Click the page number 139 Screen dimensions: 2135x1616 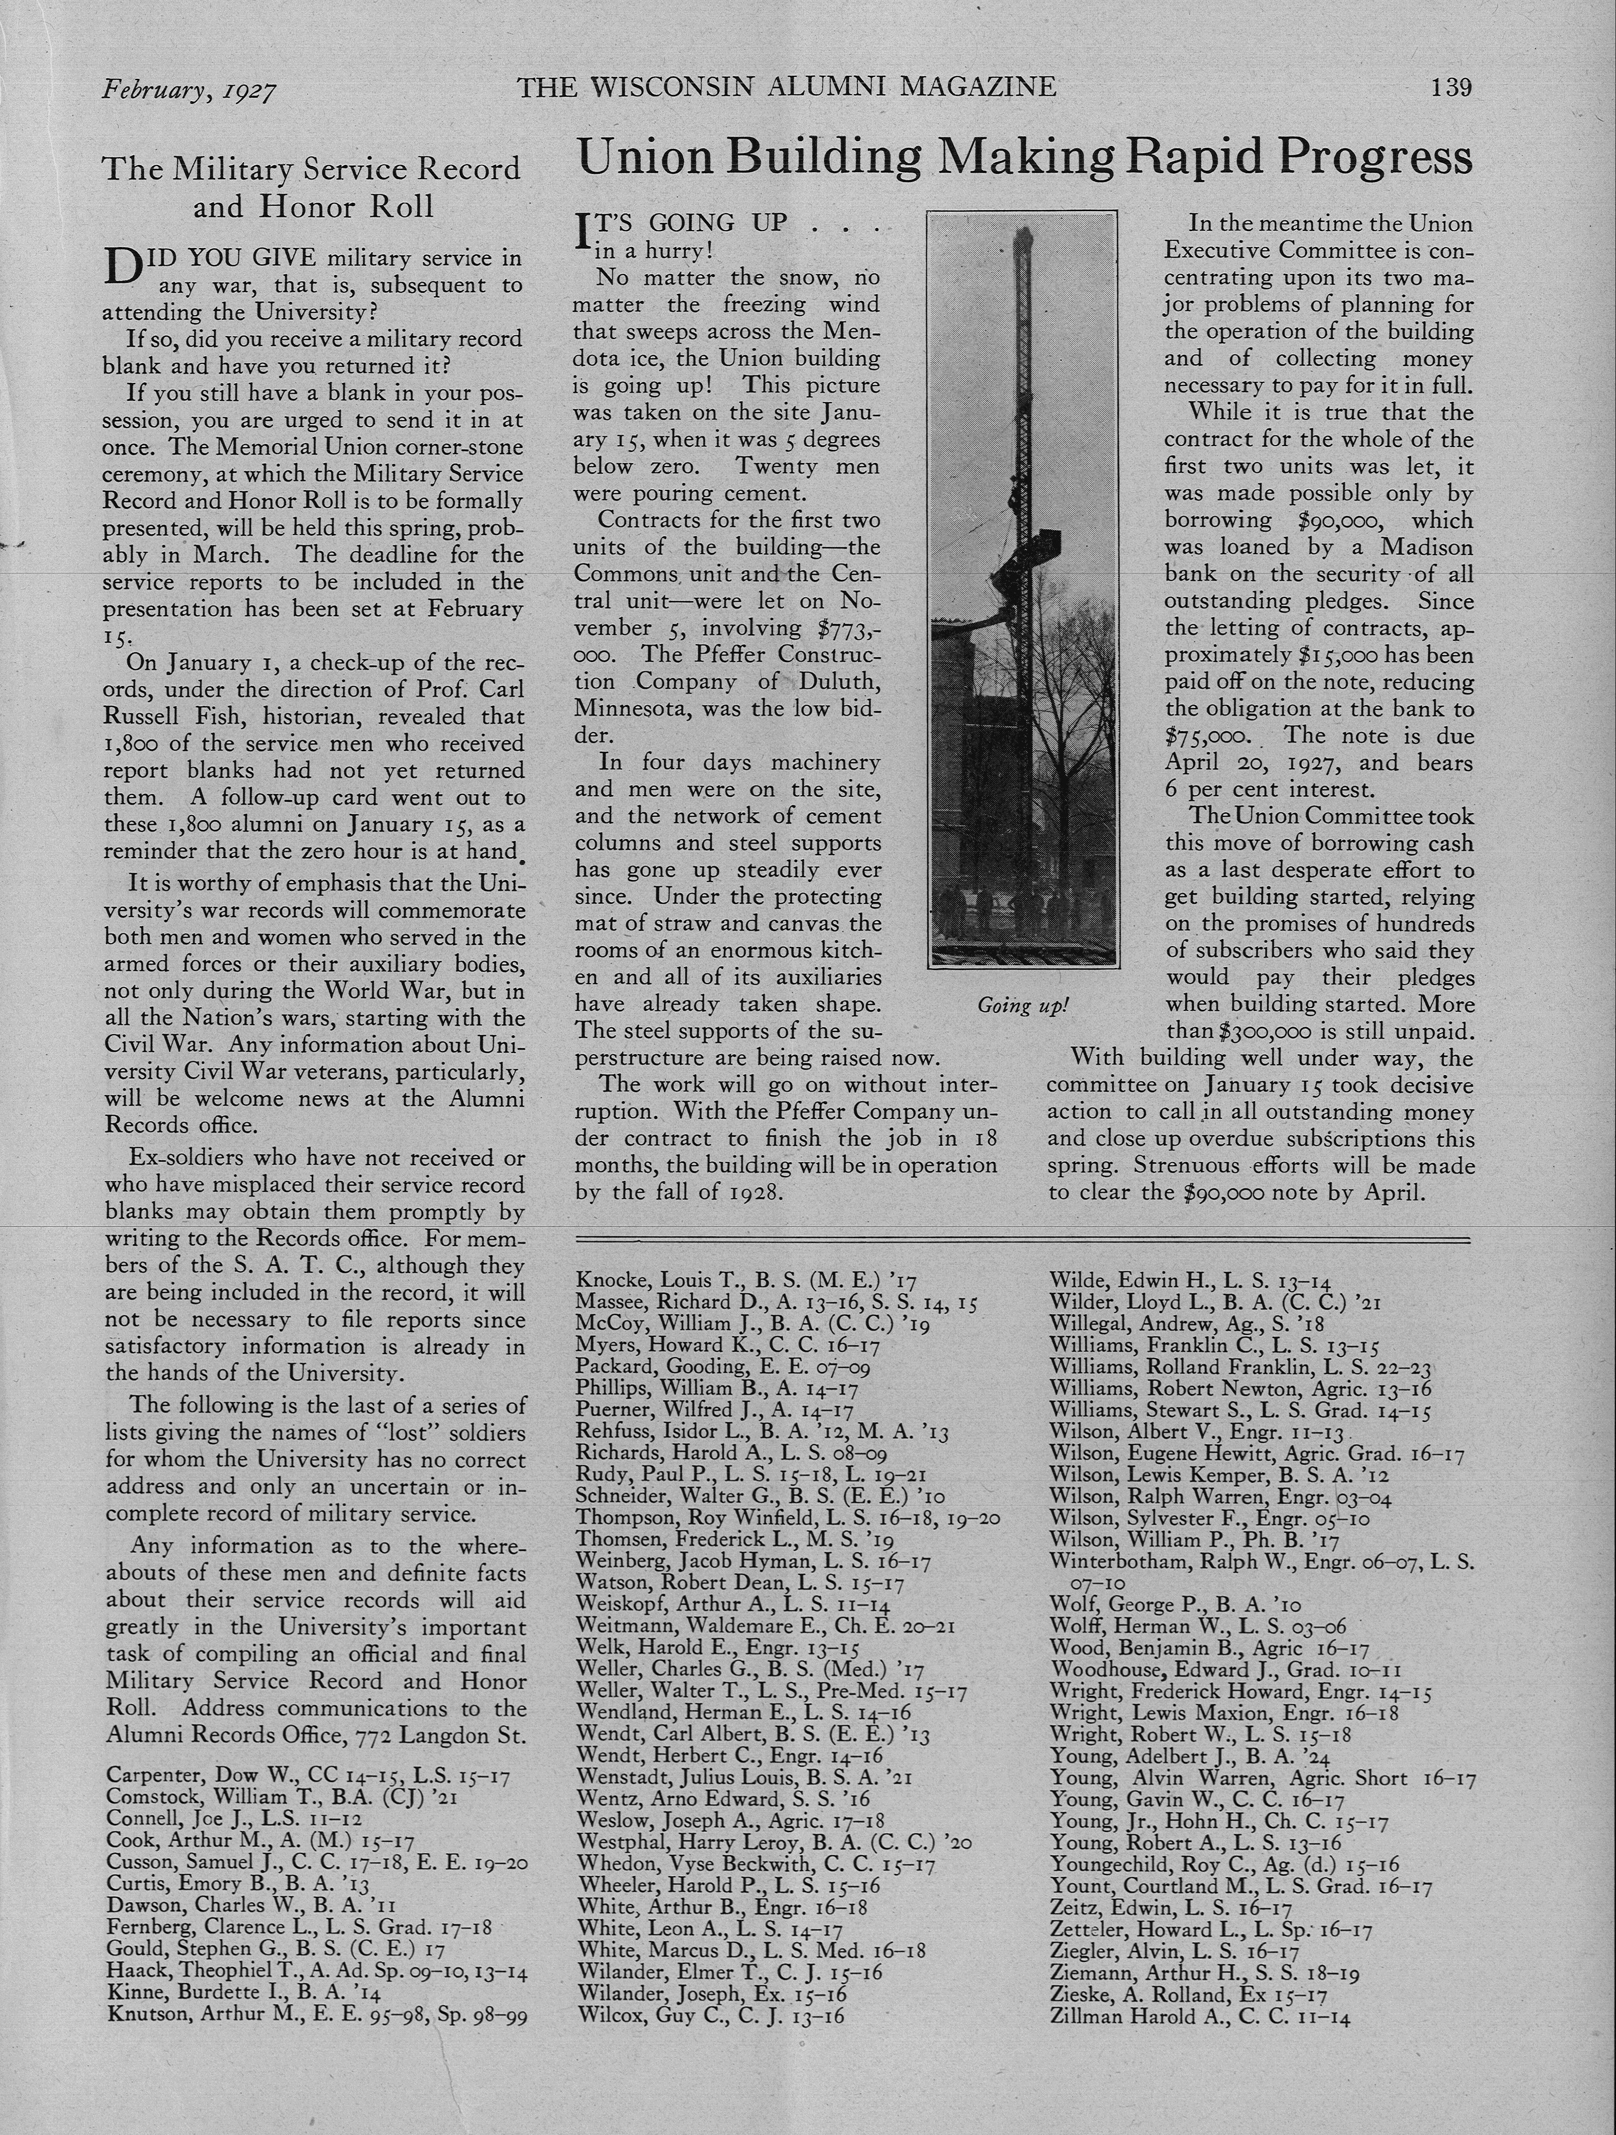(x=1451, y=87)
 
